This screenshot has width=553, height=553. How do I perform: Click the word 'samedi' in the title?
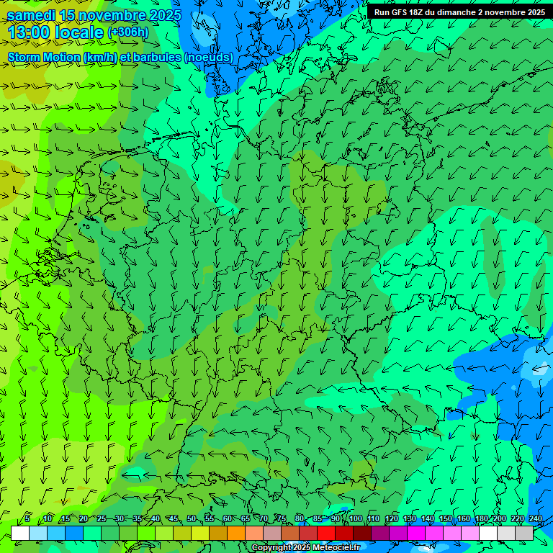pos(32,15)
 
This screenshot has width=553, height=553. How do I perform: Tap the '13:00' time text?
pos(29,32)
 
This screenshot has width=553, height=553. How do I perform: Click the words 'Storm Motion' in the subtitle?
pos(43,58)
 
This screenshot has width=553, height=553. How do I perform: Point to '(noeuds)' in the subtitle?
pos(208,58)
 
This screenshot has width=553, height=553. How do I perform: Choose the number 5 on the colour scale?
pos(27,518)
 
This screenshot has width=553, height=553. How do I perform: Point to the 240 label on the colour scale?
pos(536,518)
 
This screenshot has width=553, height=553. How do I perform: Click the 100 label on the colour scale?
pos(355,518)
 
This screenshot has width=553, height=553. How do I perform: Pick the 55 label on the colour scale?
pos(210,518)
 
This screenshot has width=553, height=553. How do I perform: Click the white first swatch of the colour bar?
pos(20,533)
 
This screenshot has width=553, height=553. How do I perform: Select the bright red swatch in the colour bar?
pos(326,533)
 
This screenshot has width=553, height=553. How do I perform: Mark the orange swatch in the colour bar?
pos(236,533)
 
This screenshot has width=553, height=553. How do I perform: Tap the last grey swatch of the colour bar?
pos(524,533)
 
